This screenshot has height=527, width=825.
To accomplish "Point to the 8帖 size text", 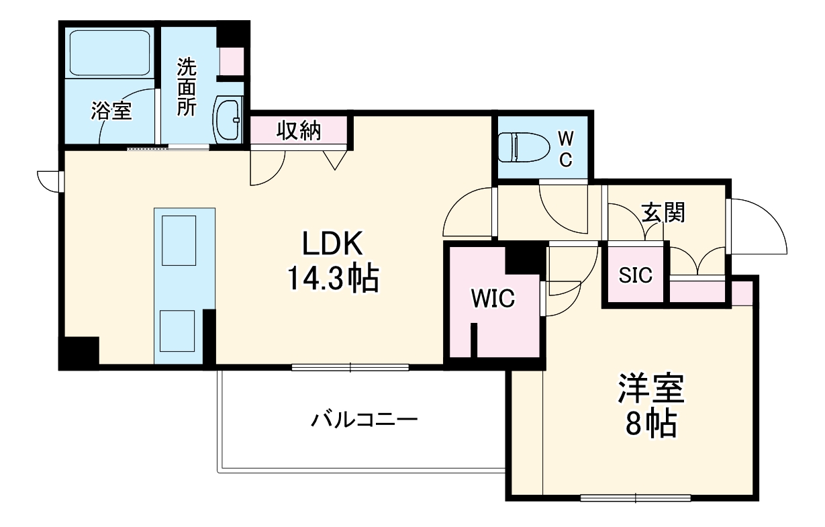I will [650, 424].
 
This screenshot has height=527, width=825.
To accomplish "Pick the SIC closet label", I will [635, 275].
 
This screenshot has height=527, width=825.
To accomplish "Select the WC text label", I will [566, 148].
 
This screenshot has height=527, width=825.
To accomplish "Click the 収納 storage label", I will [299, 131].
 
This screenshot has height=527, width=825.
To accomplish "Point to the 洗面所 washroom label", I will [187, 88].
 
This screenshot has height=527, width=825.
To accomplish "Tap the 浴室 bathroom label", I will [111, 111].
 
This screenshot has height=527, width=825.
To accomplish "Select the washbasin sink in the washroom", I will [228, 120].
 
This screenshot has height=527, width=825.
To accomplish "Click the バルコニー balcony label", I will [365, 421].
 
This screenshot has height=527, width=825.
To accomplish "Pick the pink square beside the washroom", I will [232, 61].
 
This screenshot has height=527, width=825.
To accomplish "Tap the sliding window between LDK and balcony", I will [350, 367].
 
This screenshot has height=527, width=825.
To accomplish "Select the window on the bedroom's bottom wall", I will [635, 498].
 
